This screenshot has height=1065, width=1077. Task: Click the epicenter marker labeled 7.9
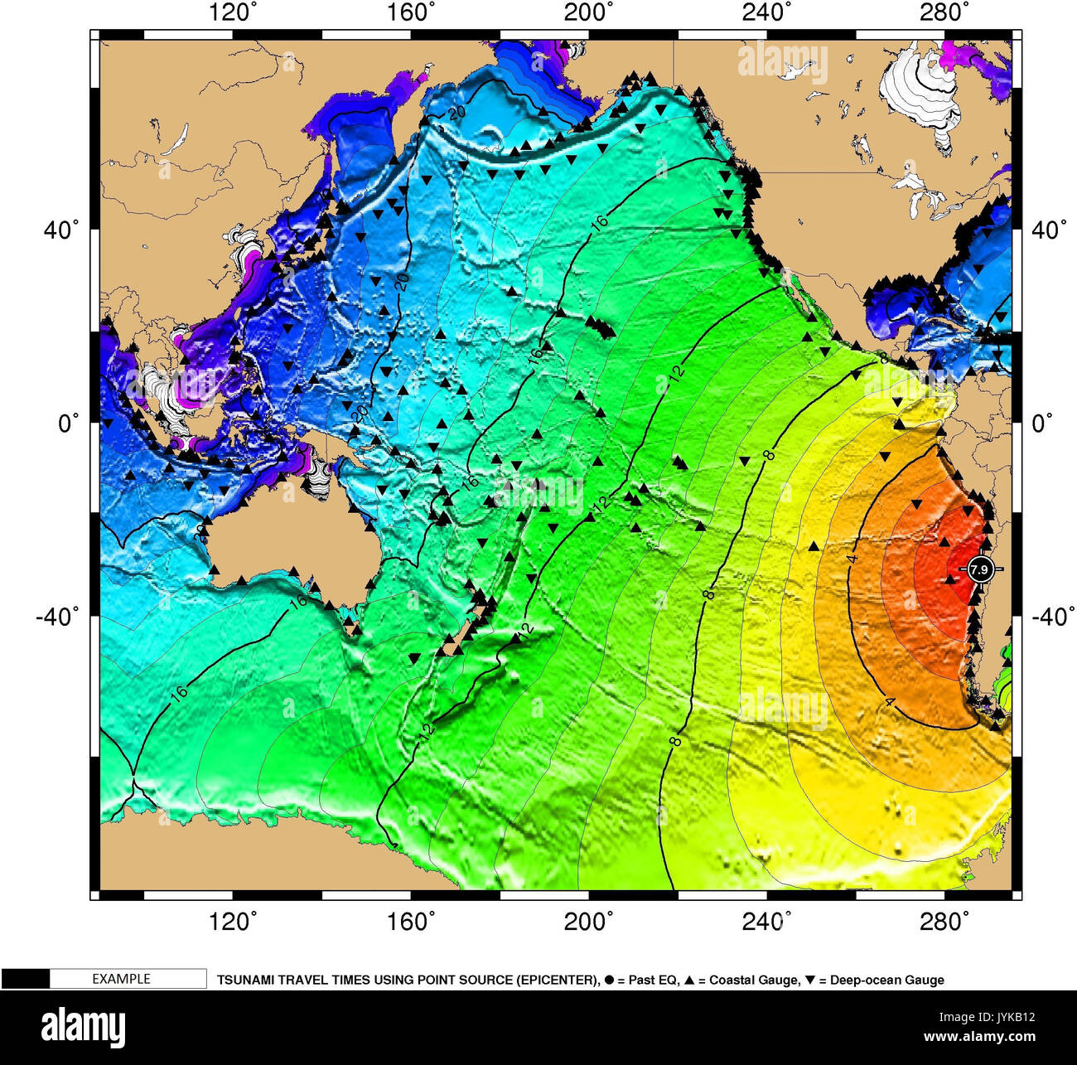[x=979, y=569]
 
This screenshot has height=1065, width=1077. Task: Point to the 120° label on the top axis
[x=233, y=12]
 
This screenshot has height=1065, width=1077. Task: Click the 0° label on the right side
[x=1042, y=424]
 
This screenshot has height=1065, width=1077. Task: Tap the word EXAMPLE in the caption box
[x=121, y=979]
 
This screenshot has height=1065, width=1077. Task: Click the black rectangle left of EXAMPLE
[x=25, y=979]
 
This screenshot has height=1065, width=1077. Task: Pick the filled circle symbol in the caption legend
[x=609, y=980]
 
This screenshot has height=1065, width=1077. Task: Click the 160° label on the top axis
[x=411, y=12]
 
